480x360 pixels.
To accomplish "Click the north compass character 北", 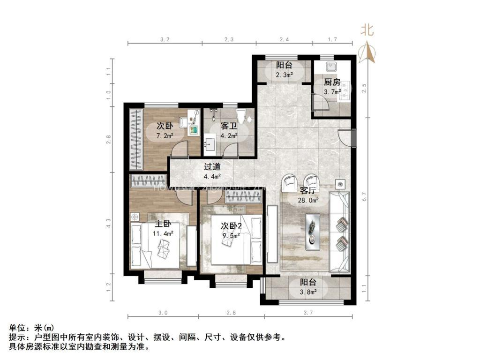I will click(x=367, y=31).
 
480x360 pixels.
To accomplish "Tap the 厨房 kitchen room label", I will click(x=332, y=82).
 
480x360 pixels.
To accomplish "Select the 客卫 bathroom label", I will click(x=229, y=126).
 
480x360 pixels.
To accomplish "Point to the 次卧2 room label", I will click(x=231, y=226).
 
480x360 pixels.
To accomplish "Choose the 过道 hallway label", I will click(x=212, y=166).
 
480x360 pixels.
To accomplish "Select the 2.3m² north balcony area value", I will click(x=284, y=75).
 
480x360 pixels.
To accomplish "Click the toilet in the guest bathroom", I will click(x=242, y=116).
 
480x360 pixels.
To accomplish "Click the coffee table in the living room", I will click(x=312, y=229).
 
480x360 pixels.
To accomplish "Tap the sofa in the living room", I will click(x=340, y=232).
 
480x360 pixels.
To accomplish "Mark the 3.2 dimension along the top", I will click(x=164, y=39).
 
